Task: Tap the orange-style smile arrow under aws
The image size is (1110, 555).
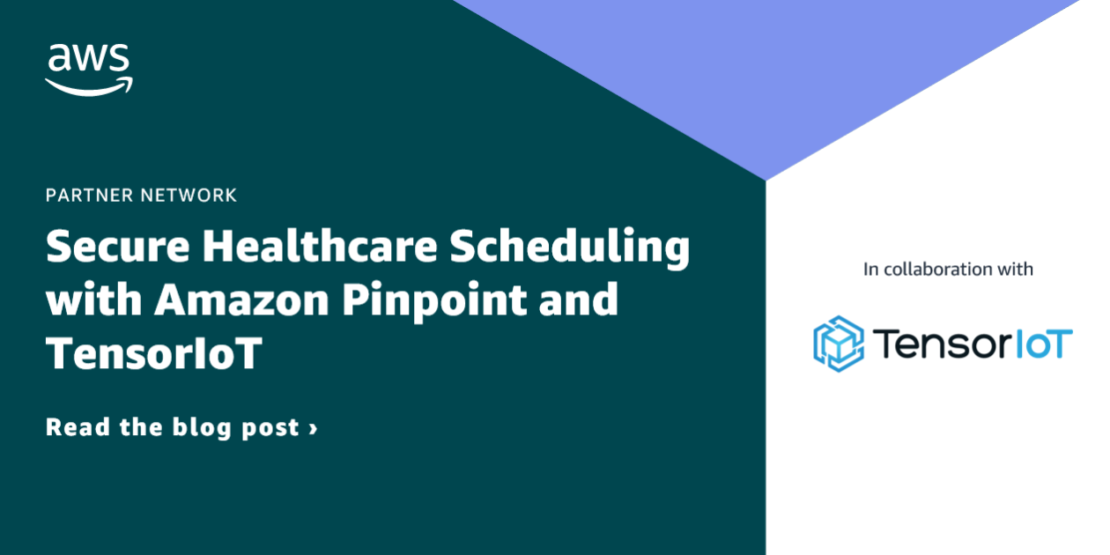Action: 89,85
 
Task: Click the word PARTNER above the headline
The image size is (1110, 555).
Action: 90,195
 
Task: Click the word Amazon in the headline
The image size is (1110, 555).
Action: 243,300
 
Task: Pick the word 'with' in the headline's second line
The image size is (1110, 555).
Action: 92,300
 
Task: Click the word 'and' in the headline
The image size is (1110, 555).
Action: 582,300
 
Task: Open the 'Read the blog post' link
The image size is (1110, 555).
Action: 181,428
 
